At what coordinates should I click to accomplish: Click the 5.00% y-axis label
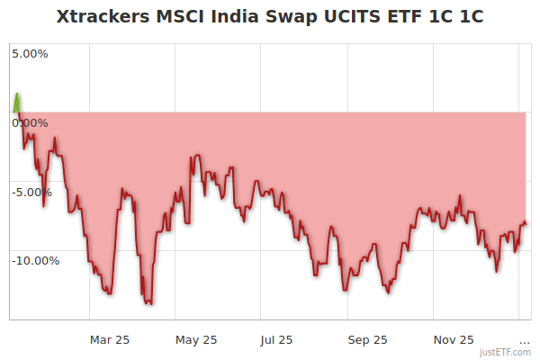30,53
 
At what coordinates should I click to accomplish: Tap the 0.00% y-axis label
30,122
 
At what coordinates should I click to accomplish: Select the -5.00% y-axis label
31,192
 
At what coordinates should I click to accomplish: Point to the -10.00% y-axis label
35,260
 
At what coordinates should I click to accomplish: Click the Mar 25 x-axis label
110,339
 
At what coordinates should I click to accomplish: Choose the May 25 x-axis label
196,339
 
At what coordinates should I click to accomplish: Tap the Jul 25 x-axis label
276,339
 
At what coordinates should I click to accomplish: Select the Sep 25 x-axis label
367,339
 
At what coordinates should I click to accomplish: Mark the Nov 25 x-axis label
453,339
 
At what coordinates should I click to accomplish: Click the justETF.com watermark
506,353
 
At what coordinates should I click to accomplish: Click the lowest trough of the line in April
148,303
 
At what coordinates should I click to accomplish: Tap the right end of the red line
526,224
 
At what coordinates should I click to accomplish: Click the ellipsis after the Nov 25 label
525,339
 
